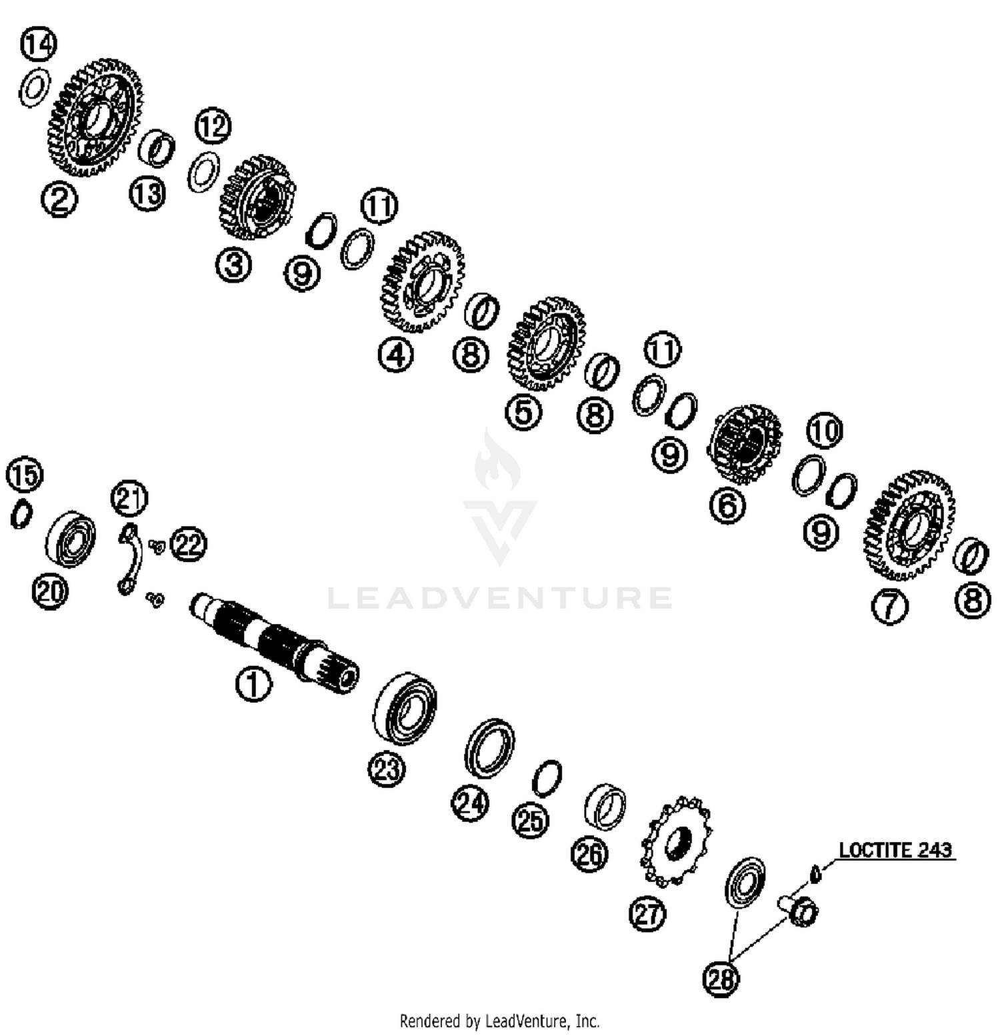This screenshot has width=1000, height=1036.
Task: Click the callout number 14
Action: [x=39, y=45]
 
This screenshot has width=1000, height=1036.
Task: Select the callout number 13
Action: [x=147, y=194]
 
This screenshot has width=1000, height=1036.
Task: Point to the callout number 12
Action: [x=213, y=126]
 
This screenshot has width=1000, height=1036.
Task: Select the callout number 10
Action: [x=825, y=431]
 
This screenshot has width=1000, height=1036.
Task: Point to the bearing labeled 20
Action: [x=71, y=540]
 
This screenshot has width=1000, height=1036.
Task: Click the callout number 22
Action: [x=189, y=545]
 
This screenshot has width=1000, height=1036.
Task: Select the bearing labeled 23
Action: [x=405, y=708]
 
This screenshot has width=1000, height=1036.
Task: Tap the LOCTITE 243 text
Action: [x=895, y=850]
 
